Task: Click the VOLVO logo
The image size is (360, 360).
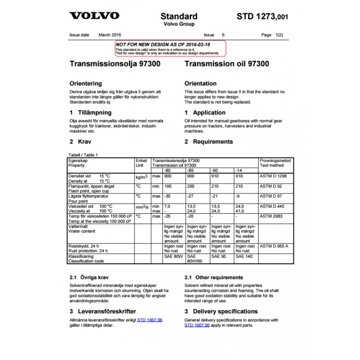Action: (94, 16)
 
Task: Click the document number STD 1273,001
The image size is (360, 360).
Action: (262, 17)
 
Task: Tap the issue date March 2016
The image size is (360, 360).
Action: (110, 35)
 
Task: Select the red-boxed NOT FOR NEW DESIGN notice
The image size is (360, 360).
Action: (170, 48)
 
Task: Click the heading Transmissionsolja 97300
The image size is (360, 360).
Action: (115, 64)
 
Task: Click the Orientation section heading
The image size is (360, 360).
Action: (200, 84)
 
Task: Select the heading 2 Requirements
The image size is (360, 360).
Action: (209, 142)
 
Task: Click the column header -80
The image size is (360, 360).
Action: (167, 171)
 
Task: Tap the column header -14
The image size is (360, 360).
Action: (240, 171)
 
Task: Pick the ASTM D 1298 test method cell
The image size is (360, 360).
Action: (273, 176)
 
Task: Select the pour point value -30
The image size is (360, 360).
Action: (167, 197)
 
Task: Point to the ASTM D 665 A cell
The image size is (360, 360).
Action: (274, 246)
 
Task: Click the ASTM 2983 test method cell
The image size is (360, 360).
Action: (271, 216)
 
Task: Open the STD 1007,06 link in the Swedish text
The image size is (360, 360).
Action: (150, 320)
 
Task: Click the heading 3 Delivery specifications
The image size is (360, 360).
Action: (221, 311)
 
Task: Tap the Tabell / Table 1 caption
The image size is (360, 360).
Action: (83, 155)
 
